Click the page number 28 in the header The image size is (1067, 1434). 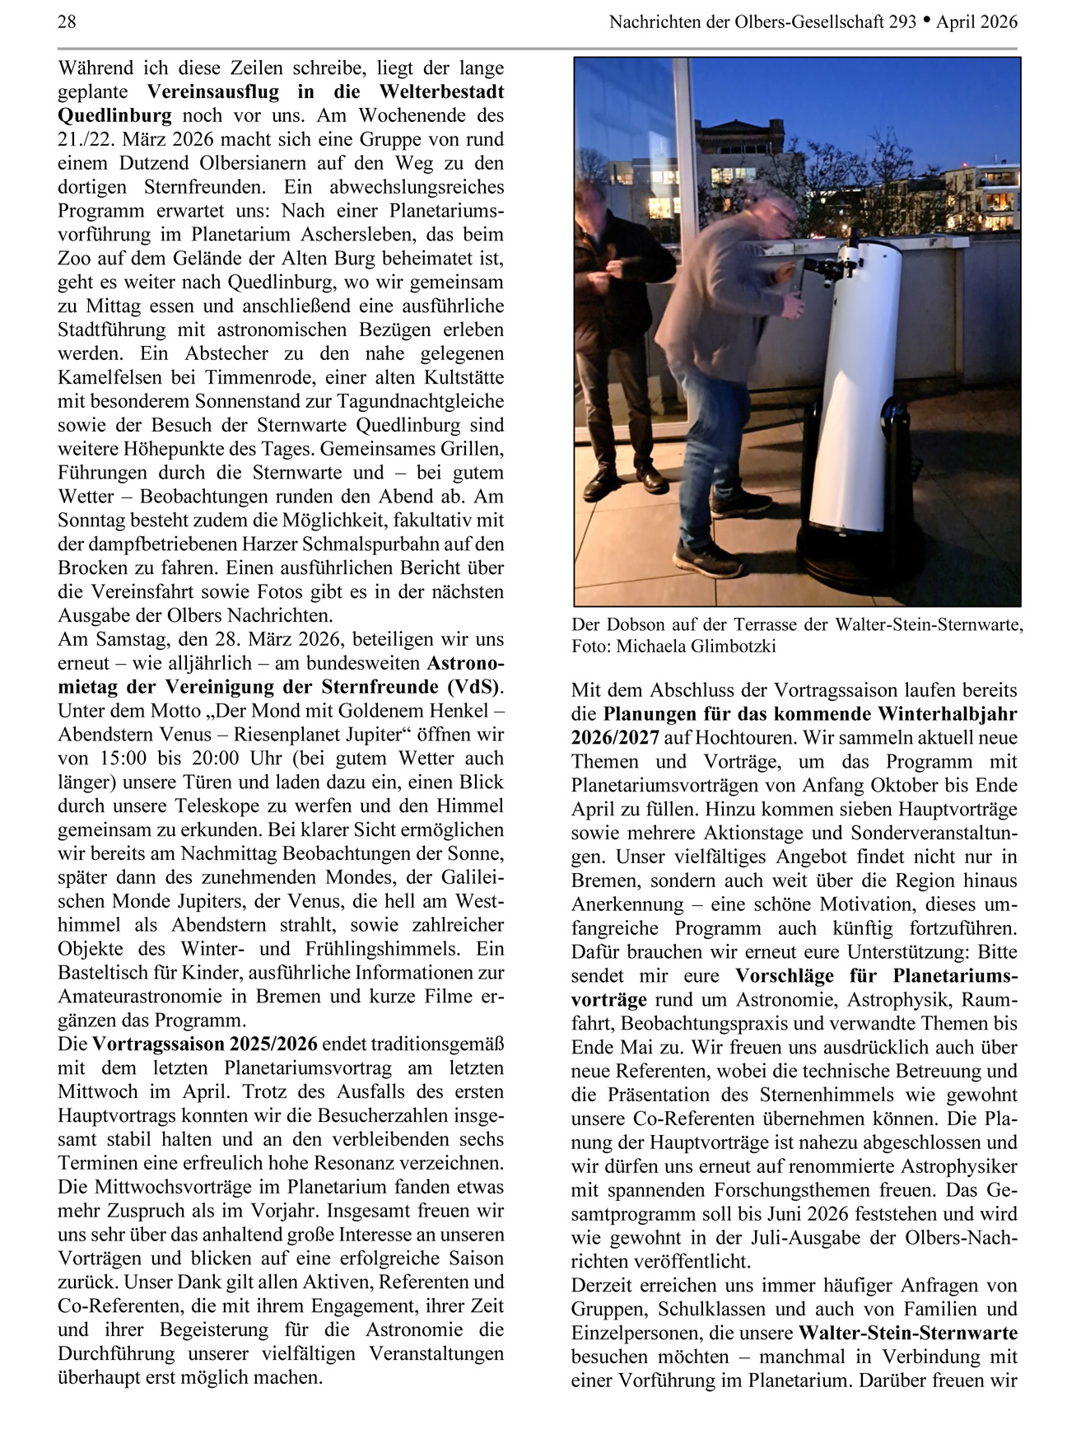67,22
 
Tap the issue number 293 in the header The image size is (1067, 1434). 903,22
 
